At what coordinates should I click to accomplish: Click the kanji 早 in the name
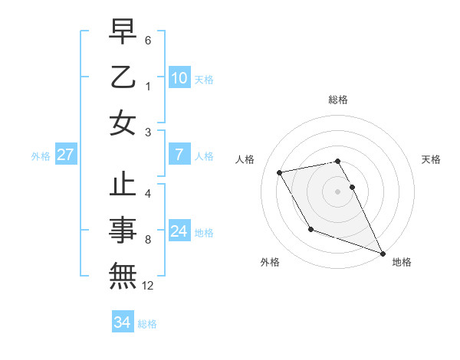coord(123,32)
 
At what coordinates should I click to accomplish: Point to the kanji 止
coord(123,186)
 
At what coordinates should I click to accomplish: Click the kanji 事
coord(123,231)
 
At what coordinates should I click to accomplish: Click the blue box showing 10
coord(179,77)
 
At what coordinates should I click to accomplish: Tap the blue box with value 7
coord(179,155)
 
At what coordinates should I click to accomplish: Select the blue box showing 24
coord(179,231)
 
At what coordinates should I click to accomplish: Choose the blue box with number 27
coord(66,155)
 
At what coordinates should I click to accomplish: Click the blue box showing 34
coord(122,322)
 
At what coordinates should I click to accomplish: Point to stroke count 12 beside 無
coord(148,286)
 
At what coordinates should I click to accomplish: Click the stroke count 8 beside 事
coord(148,240)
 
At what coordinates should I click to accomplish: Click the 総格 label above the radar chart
coord(338,100)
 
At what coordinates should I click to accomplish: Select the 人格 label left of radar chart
coord(245,159)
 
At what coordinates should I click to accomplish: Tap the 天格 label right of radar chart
coord(431,159)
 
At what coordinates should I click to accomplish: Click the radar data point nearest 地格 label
coord(383,253)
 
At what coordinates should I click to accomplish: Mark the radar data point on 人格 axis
coord(280,172)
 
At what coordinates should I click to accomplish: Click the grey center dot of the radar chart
coord(338,191)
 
